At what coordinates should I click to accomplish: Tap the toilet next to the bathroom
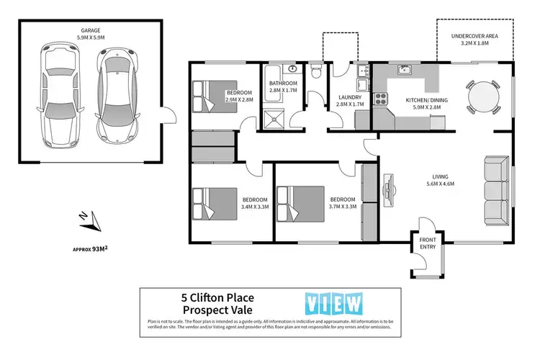(x=316, y=73)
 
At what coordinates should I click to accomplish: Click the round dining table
(x=482, y=96)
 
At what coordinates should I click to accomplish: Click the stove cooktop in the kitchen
(x=379, y=100)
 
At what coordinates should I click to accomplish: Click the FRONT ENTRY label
(x=428, y=243)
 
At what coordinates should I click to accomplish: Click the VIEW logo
(x=334, y=302)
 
